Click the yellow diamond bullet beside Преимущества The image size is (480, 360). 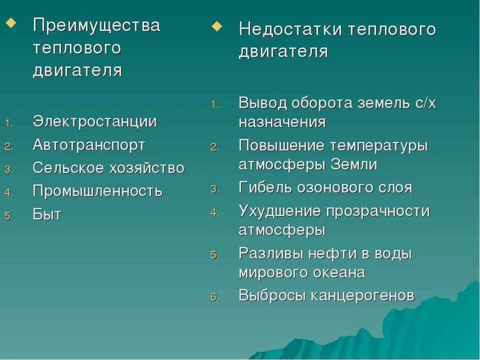click(10, 23)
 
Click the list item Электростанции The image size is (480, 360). click(95, 121)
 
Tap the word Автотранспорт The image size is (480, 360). click(89, 145)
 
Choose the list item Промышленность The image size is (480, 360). click(97, 191)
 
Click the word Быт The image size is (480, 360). click(47, 215)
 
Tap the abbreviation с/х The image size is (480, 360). click(425, 103)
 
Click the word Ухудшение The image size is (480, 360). click(279, 211)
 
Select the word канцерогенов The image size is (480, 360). click(362, 295)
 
